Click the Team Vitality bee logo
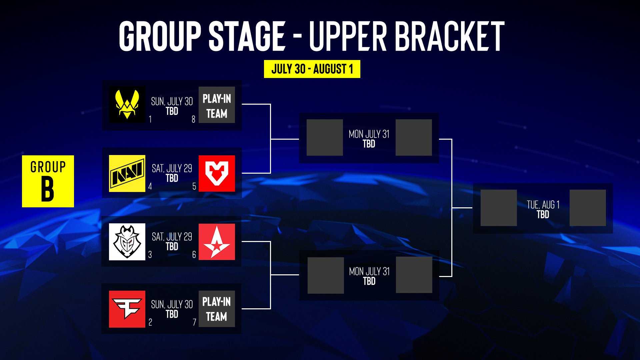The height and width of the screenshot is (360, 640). [x=127, y=105]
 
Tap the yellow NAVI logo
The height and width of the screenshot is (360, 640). [x=127, y=173]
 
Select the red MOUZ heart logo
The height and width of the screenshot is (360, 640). [x=217, y=173]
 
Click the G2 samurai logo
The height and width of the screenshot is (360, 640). [x=127, y=242]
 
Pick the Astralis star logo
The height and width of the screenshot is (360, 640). [x=217, y=242]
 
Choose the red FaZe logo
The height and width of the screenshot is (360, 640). [x=127, y=309]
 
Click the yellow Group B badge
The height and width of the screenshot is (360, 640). [x=48, y=181]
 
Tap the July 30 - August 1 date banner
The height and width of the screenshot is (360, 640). [x=312, y=69]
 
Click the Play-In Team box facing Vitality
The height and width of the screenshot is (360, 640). [x=217, y=105]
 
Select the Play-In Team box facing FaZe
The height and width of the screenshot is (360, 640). [x=217, y=309]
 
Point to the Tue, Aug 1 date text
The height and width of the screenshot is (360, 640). [x=543, y=204]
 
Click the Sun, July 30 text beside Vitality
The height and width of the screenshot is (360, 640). [x=172, y=101]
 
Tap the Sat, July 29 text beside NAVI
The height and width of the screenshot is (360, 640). [x=172, y=168]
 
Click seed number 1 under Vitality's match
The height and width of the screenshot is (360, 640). [x=150, y=119]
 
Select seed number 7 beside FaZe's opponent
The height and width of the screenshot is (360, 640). [x=194, y=322]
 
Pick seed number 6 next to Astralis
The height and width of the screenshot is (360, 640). [x=194, y=255]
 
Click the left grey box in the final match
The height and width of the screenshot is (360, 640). [x=499, y=208]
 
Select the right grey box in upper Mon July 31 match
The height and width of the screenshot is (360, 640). [x=414, y=137]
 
